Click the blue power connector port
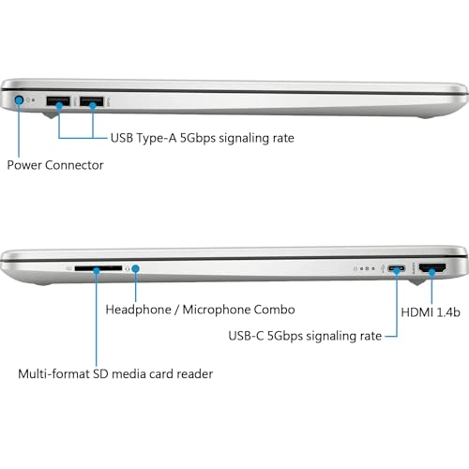[20, 98]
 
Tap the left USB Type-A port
[57, 99]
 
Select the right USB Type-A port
[92, 99]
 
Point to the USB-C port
[398, 271]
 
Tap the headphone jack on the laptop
[137, 269]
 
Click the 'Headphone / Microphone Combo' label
[200, 309]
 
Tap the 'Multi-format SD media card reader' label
[115, 374]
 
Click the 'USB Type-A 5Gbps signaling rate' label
[202, 138]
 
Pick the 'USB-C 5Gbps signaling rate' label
[306, 335]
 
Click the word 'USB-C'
[250, 335]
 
